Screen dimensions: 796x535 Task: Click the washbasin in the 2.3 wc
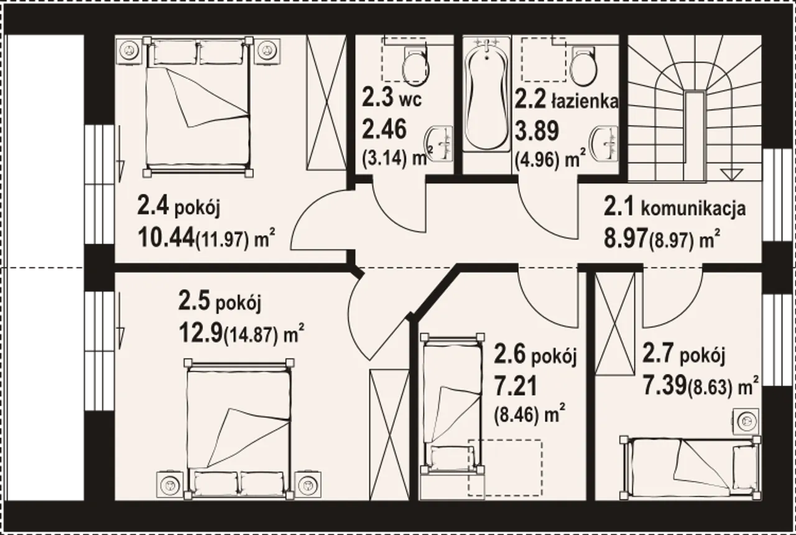click(440, 144)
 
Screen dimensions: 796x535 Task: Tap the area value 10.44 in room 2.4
click(166, 237)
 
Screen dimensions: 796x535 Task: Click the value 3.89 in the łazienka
click(537, 130)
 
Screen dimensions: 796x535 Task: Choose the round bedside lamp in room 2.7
click(746, 421)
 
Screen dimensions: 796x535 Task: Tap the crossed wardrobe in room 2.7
click(615, 323)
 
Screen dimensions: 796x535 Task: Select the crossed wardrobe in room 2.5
click(389, 434)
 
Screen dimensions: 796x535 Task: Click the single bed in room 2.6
click(451, 404)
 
